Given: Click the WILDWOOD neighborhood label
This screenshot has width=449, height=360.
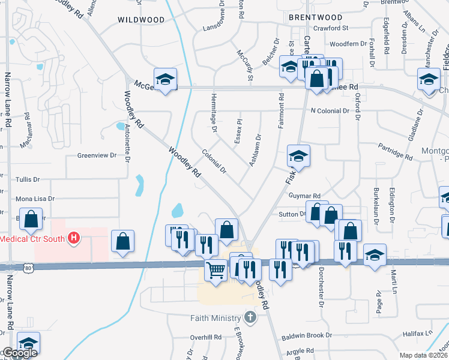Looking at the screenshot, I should click(x=141, y=20).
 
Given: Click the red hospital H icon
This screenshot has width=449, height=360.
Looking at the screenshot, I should click(x=73, y=239).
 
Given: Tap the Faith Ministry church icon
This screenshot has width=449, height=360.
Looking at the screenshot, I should click(x=251, y=317).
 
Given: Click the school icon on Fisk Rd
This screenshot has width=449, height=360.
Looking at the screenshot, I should click(x=298, y=157).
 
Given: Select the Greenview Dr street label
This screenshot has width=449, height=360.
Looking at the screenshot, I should click(x=96, y=155).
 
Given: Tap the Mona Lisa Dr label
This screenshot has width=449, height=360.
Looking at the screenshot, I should click(x=35, y=199).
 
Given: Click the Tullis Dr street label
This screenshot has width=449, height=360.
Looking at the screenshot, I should click(x=28, y=179).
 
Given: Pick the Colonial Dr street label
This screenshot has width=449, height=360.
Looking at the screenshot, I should click(x=214, y=161).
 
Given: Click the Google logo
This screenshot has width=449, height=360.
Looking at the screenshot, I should click(x=19, y=353).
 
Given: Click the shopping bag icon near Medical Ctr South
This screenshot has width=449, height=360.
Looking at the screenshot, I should click(x=122, y=242).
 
